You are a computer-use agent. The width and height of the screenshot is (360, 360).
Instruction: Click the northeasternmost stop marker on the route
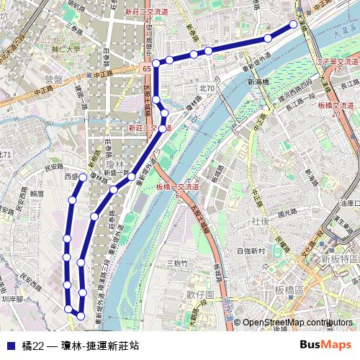[294, 24]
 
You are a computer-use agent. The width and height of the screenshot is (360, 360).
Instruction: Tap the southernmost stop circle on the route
[81, 316]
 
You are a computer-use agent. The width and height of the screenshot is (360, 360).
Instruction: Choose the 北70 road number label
[207, 87]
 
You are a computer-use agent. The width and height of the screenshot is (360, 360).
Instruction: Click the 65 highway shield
[147, 67]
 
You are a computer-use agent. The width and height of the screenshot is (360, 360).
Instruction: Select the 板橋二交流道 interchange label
[177, 187]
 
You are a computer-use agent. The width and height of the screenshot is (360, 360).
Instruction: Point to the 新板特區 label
[339, 258]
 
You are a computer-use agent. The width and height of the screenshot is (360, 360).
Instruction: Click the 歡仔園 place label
[200, 295]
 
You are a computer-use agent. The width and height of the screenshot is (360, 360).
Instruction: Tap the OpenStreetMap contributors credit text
[296, 322]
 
